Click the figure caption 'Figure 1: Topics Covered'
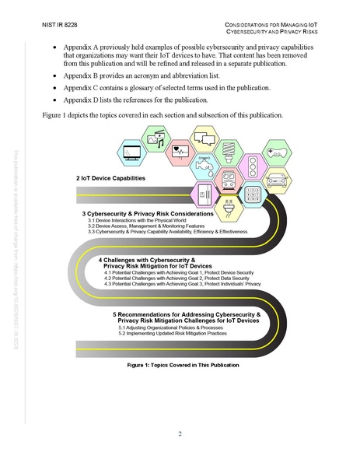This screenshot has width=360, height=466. [180, 363]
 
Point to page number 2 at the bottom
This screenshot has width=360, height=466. [180, 433]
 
